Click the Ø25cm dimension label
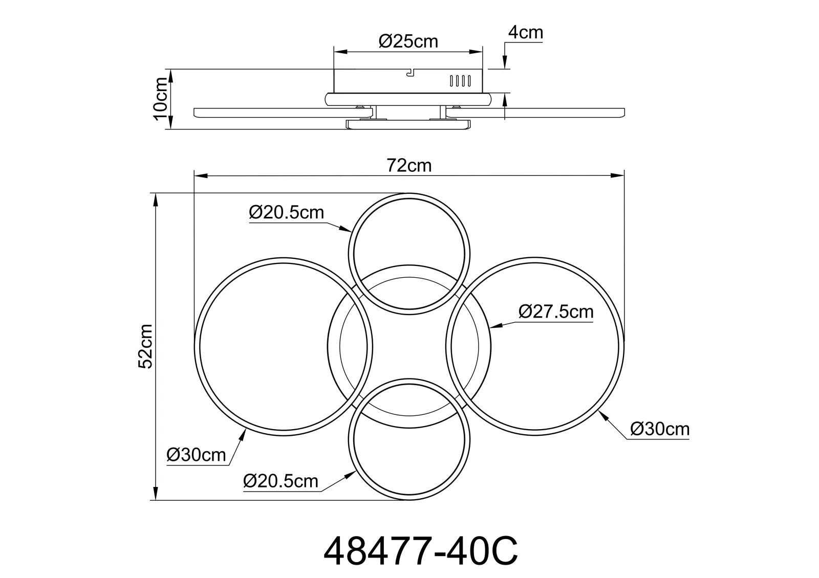tap(408, 41)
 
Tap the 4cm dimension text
tap(525, 33)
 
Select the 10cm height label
tap(161, 99)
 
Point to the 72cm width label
tap(409, 166)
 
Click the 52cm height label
tap(145, 346)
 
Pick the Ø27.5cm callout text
tap(556, 312)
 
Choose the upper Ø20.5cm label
tap(286, 212)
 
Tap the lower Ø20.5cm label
tap(281, 481)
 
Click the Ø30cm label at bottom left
tap(196, 455)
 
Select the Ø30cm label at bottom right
tap(660, 429)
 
